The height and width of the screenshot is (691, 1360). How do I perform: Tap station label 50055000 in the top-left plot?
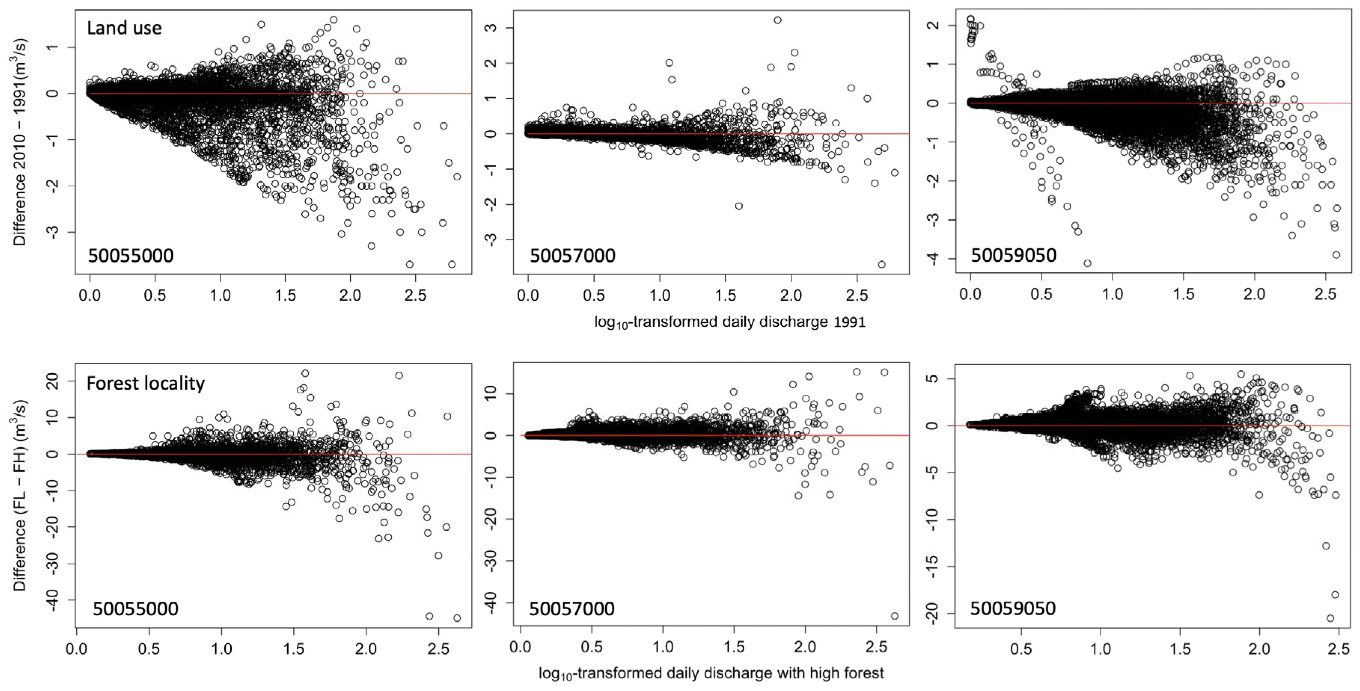click(x=130, y=256)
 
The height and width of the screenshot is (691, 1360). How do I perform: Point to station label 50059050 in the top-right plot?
click(x=1014, y=256)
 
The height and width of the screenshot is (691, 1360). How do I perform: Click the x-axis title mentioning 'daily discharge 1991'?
click(x=730, y=322)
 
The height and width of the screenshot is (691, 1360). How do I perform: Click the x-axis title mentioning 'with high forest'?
click(x=711, y=673)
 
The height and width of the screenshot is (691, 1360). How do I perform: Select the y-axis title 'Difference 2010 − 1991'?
click(x=20, y=142)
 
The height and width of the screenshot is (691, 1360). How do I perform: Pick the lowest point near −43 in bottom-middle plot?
click(x=894, y=616)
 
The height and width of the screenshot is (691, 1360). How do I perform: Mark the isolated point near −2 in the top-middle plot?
click(x=739, y=206)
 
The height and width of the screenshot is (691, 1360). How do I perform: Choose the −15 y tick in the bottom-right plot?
click(x=933, y=567)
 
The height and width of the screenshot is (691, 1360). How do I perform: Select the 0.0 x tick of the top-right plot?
click(x=970, y=294)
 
